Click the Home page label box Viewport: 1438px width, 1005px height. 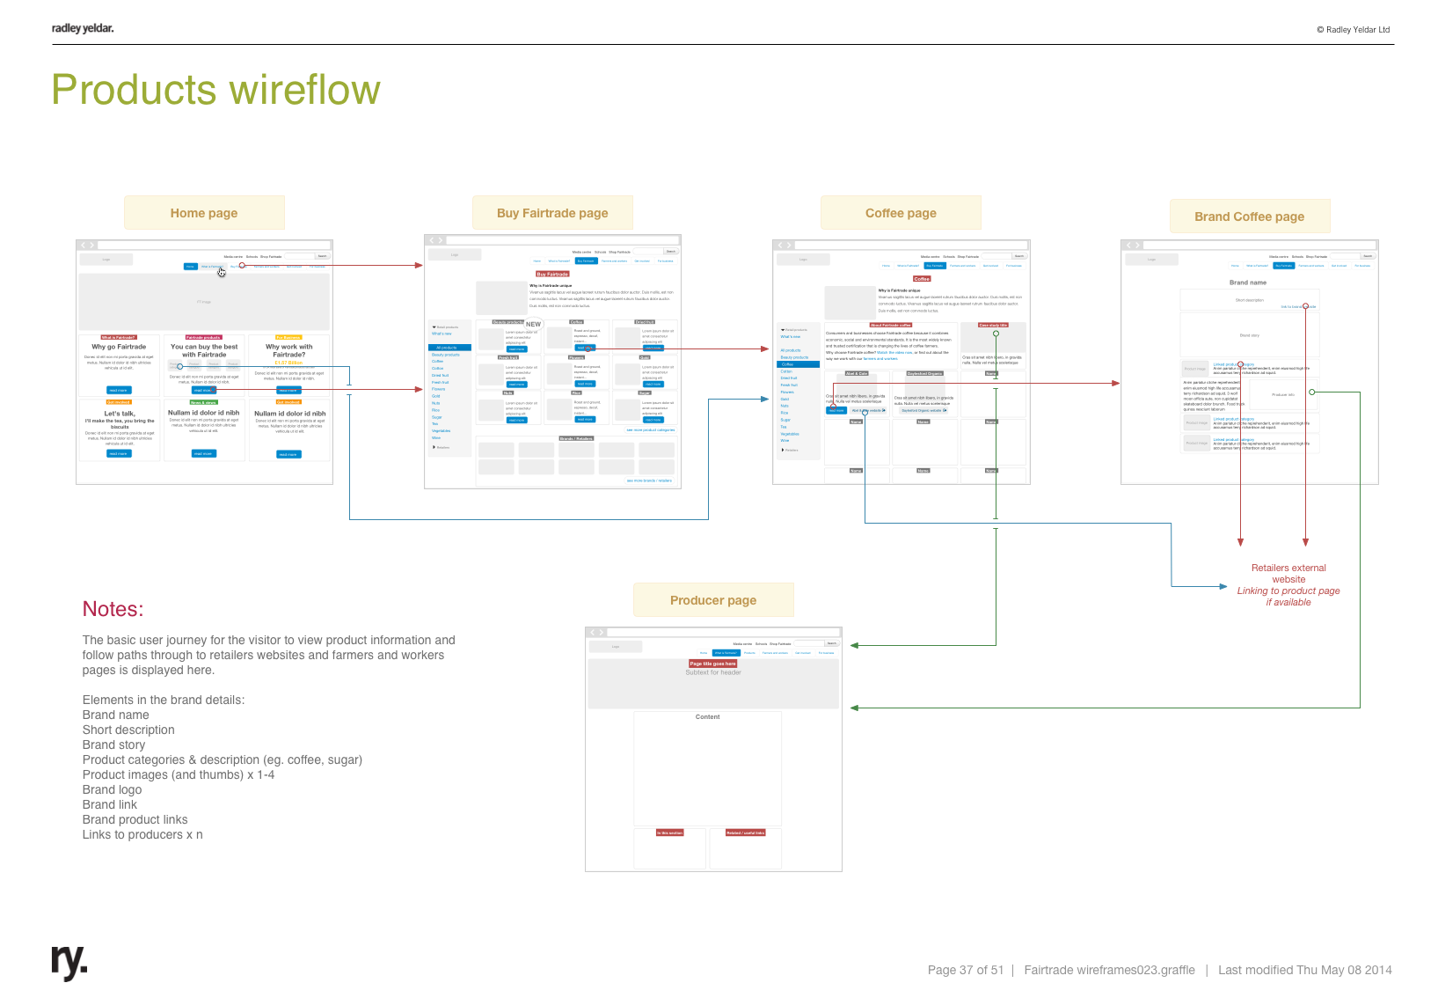click(x=204, y=213)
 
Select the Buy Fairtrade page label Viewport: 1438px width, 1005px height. click(x=552, y=213)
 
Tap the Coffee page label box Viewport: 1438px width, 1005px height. click(x=901, y=213)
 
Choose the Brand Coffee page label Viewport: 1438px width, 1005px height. click(x=1249, y=216)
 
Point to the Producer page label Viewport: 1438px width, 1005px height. click(x=713, y=600)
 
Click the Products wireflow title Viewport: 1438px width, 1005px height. click(x=216, y=90)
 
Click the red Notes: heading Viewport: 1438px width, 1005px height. click(x=113, y=609)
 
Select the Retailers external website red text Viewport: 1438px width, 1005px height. click(x=1288, y=574)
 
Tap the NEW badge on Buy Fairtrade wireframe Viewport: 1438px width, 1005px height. click(x=533, y=324)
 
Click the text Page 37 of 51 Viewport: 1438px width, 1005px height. click(x=965, y=970)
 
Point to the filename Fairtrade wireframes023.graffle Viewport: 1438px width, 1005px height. click(x=1109, y=970)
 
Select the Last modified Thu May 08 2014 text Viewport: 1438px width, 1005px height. click(x=1305, y=970)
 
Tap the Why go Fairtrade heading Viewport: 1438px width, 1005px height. click(x=119, y=347)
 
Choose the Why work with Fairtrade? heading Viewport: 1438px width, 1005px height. click(x=288, y=350)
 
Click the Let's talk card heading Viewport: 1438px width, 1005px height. click(x=120, y=413)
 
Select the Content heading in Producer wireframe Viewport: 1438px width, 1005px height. click(x=707, y=717)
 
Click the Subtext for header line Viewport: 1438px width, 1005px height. click(x=713, y=672)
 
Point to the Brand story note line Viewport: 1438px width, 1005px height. click(x=113, y=745)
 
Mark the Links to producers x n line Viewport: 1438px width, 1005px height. click(x=142, y=834)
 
